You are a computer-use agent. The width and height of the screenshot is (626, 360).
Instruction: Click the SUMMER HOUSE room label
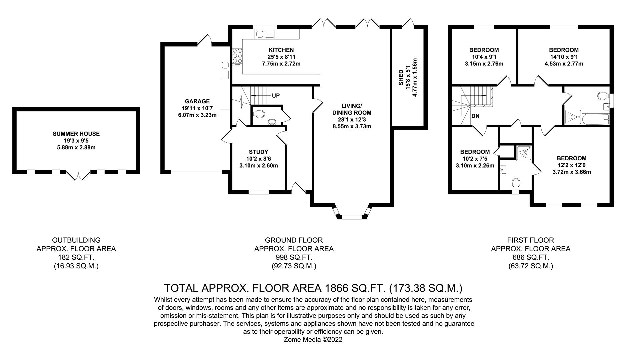[x=76, y=134]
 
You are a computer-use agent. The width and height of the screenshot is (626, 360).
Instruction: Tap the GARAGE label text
[x=197, y=101]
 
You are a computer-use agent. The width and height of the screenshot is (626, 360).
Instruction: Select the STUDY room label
[x=258, y=152]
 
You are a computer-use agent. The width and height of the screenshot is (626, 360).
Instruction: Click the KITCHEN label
[x=281, y=50]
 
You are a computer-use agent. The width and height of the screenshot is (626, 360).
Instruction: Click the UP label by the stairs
[x=276, y=96]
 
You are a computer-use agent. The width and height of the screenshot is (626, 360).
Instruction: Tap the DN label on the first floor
[x=476, y=116]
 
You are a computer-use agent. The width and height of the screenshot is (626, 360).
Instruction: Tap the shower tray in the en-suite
[x=524, y=153]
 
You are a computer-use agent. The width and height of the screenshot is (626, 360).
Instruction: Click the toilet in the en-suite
[x=515, y=184]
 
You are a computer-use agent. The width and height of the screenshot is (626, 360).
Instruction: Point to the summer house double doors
[x=78, y=175]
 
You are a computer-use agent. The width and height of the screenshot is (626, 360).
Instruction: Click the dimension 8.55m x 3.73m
[x=352, y=126]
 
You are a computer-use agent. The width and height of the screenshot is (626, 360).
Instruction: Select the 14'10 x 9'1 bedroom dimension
[x=564, y=57]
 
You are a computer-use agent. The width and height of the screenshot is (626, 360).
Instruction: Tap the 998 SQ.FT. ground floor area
[x=294, y=257]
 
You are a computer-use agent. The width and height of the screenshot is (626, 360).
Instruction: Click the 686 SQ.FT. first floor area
[x=531, y=257]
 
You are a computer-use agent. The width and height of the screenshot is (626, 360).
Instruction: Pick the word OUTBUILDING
[x=76, y=240]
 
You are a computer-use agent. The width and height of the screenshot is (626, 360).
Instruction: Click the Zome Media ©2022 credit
[x=313, y=340]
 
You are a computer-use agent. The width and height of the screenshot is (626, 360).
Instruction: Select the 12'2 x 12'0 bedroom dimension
[x=572, y=165]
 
